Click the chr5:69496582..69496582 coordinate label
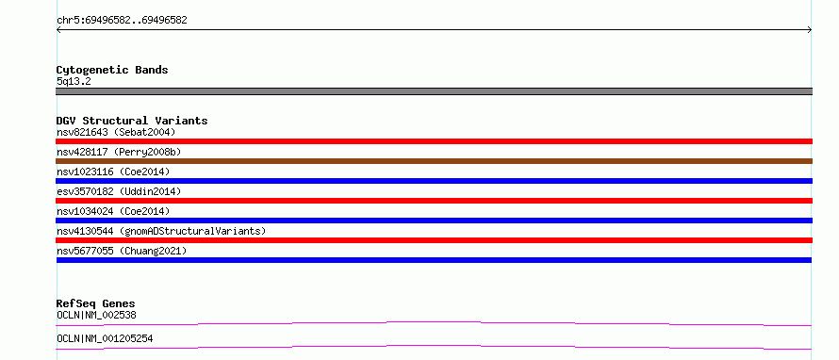point(122,21)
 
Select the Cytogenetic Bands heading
point(112,70)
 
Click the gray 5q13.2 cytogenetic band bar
point(434,91)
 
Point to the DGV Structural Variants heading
point(132,121)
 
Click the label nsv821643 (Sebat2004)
point(116,132)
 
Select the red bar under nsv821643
point(434,141)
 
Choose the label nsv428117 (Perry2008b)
point(119,152)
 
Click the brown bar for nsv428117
point(434,161)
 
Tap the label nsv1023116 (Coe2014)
point(113,172)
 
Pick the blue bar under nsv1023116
point(434,181)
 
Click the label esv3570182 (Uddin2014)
point(119,191)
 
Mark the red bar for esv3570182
point(434,201)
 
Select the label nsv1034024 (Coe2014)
point(113,211)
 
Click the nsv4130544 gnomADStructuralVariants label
point(161,231)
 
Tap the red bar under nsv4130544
point(434,240)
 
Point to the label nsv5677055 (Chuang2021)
point(122,251)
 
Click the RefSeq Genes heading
point(96,303)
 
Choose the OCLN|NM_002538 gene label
point(96,315)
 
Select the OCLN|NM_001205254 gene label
point(105,338)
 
